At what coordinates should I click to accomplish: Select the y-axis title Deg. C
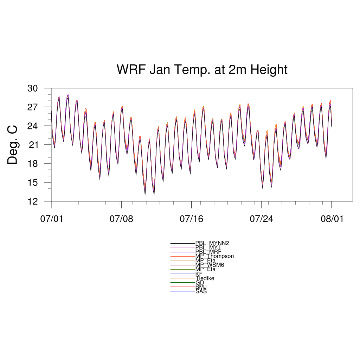(x=13, y=145)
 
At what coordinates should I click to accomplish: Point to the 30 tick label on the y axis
(x=32, y=88)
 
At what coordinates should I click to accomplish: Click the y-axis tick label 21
(x=32, y=145)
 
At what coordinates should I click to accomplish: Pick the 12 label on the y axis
(x=32, y=201)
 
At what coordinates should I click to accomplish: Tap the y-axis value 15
(x=32, y=182)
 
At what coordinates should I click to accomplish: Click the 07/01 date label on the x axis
(x=51, y=219)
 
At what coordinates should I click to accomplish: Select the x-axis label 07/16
(x=191, y=219)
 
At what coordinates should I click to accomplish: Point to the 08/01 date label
(x=332, y=219)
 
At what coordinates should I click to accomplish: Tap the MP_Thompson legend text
(x=214, y=256)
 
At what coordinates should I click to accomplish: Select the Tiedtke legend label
(x=205, y=278)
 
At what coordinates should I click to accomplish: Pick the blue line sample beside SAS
(x=183, y=291)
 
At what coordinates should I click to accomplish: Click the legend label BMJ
(x=201, y=287)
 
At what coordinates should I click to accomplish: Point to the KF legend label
(x=199, y=274)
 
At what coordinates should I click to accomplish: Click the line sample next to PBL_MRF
(x=183, y=252)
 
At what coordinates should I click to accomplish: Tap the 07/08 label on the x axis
(x=121, y=219)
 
